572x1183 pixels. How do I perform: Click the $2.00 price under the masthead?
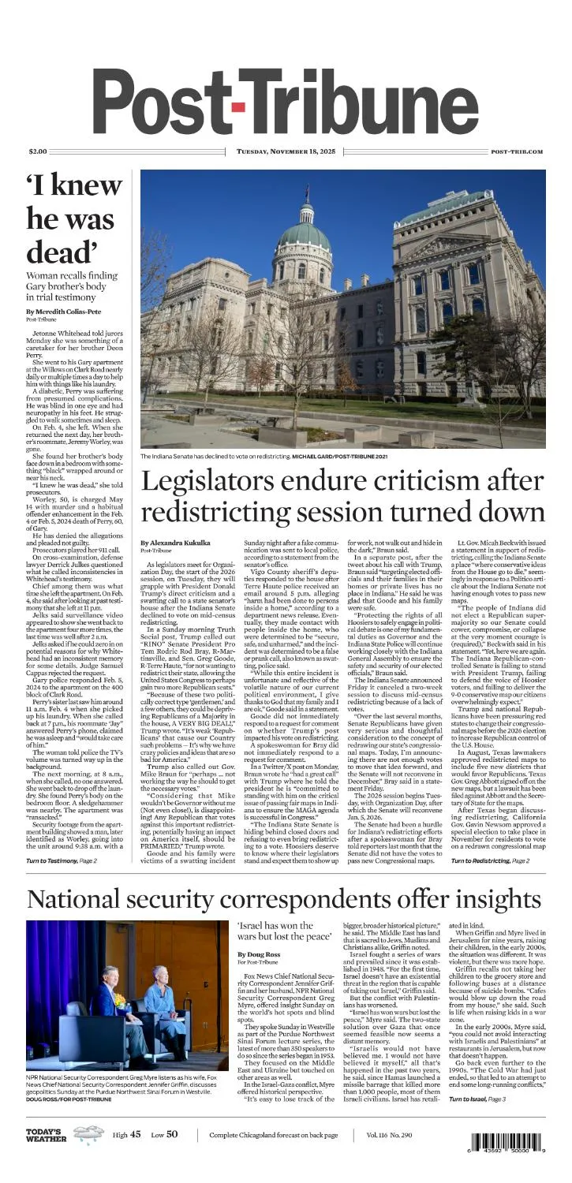tap(37, 151)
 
